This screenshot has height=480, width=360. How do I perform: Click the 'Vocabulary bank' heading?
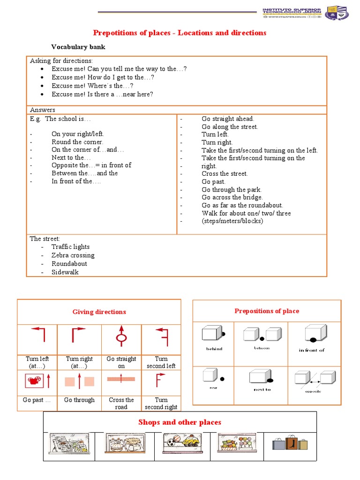[78, 47]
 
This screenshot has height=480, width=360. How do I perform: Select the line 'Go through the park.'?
[232, 189]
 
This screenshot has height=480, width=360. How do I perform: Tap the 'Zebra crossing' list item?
[73, 255]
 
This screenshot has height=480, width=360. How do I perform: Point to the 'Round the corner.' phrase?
[77, 142]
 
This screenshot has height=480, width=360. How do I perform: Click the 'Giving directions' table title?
[99, 312]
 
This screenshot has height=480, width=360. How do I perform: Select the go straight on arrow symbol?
[121, 336]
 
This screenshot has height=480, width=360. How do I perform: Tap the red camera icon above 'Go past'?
[32, 381]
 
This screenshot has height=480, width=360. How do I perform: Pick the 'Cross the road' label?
[121, 403]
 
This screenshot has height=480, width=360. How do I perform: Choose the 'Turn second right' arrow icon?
[161, 381]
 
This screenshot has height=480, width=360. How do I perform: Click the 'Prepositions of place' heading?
[267, 311]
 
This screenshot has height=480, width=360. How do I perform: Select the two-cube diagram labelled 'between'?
[262, 334]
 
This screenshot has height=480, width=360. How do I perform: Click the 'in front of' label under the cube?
[312, 350]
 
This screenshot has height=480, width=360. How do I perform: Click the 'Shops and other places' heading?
[180, 422]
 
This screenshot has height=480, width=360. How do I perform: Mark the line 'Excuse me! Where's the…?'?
[96, 86]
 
